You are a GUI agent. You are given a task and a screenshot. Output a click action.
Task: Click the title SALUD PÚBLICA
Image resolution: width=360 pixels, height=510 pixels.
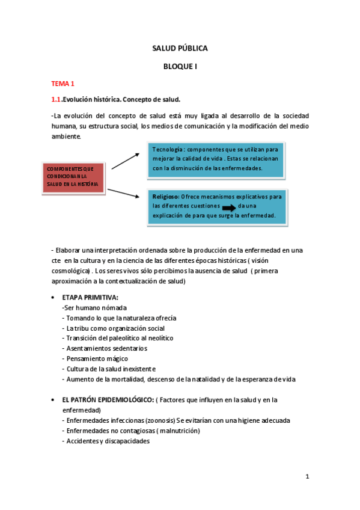(x=180, y=49)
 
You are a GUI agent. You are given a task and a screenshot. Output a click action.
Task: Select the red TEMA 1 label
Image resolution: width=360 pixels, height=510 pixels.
(x=63, y=84)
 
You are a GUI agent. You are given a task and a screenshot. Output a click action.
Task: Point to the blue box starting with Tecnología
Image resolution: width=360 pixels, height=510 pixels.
(x=216, y=159)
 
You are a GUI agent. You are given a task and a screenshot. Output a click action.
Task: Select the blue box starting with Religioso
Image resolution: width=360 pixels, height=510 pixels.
(x=216, y=206)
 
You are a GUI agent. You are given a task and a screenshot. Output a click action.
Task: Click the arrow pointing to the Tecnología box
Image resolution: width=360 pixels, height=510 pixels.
(x=125, y=161)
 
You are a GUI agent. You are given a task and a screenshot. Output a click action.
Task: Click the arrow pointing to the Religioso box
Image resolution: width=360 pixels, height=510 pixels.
(x=123, y=192)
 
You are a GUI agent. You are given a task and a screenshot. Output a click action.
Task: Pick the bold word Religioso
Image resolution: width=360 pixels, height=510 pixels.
(x=166, y=196)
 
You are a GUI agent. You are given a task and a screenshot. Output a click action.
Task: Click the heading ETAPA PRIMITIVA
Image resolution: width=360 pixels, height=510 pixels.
(x=90, y=298)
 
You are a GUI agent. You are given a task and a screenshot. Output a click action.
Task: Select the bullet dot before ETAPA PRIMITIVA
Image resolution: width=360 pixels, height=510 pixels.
(x=54, y=298)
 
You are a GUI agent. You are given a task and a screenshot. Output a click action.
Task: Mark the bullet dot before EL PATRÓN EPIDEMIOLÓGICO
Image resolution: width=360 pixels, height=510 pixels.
(x=54, y=400)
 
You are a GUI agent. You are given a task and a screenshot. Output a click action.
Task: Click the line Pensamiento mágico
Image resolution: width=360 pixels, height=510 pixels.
(x=95, y=358)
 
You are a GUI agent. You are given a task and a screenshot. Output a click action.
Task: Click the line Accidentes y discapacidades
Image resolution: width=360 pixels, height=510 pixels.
(x=106, y=441)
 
